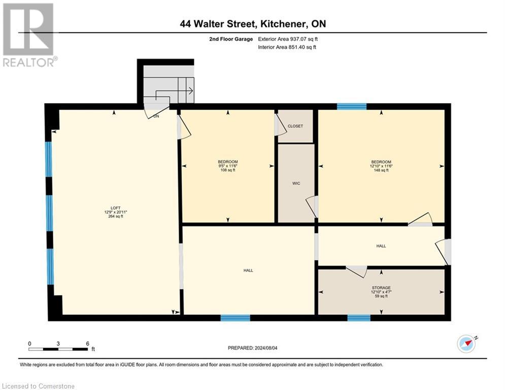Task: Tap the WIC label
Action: pos(296,183)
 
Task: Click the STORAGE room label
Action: pos(381,287)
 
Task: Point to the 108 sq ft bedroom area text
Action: pos(227,170)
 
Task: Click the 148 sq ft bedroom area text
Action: pos(381,170)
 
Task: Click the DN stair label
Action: pos(156,116)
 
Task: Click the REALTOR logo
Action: pos(28,35)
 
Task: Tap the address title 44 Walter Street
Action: pos(252,24)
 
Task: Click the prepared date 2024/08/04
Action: pos(252,348)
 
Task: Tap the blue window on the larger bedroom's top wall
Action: pos(352,106)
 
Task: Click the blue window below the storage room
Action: pos(359,318)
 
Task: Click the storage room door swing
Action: pos(357,271)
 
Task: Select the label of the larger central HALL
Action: pos(248,270)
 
